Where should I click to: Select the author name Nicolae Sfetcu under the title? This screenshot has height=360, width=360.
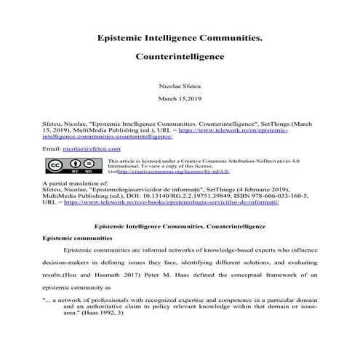click(x=180, y=84)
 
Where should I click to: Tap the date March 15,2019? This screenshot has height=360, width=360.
click(x=180, y=97)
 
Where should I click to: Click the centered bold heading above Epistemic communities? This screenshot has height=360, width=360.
click(x=180, y=223)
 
